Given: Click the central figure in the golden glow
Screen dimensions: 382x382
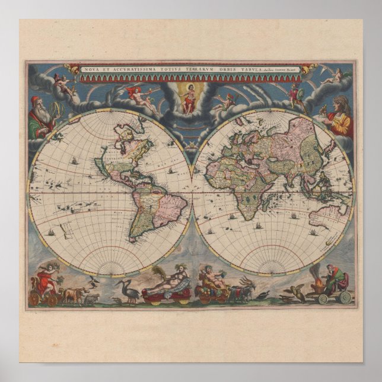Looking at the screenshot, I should [x=190, y=98].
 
